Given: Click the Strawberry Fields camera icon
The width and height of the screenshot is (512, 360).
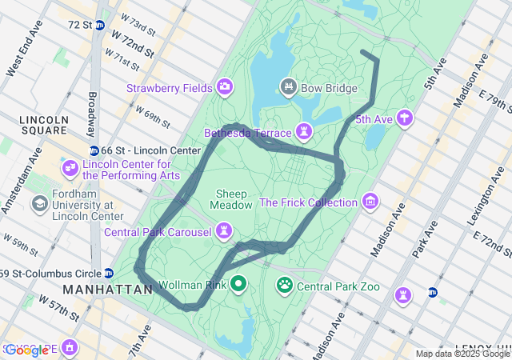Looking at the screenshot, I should click(225, 86).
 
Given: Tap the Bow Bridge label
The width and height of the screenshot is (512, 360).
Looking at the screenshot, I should click(330, 87).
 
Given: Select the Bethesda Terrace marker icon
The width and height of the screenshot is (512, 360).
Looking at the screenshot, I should click(304, 130).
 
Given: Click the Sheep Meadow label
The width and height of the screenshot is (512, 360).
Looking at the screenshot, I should click(231, 200).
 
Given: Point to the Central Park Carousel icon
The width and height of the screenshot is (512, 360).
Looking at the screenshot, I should click(226, 232).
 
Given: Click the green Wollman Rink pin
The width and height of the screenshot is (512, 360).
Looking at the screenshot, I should click(239, 283).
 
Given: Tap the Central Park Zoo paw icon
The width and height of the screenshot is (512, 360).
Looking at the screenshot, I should click(285, 284).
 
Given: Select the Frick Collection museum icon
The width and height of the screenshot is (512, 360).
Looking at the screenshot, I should click(370, 201).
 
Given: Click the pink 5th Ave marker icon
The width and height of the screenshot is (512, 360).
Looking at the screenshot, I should click(406, 118).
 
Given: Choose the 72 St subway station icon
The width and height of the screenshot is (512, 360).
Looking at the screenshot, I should click(99, 25).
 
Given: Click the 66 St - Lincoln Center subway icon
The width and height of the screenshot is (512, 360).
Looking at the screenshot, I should click(94, 150).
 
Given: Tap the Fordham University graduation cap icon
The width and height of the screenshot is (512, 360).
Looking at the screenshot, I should click(38, 204).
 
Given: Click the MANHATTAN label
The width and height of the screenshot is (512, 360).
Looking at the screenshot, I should click(106, 289).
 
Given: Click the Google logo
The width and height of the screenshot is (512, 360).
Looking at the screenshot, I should click(26, 350).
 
